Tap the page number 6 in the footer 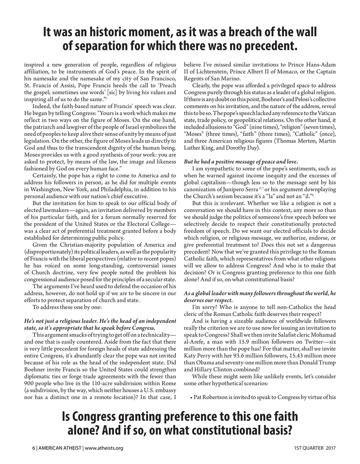point(33,448)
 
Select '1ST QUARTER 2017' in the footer point(315,448)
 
